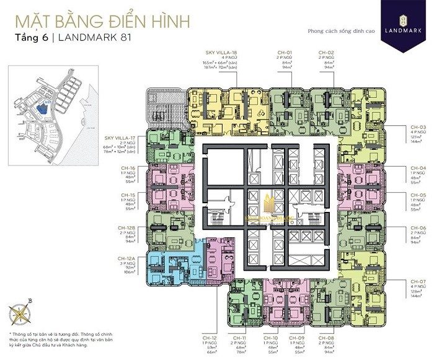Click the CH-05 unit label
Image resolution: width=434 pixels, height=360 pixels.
[401, 195]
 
